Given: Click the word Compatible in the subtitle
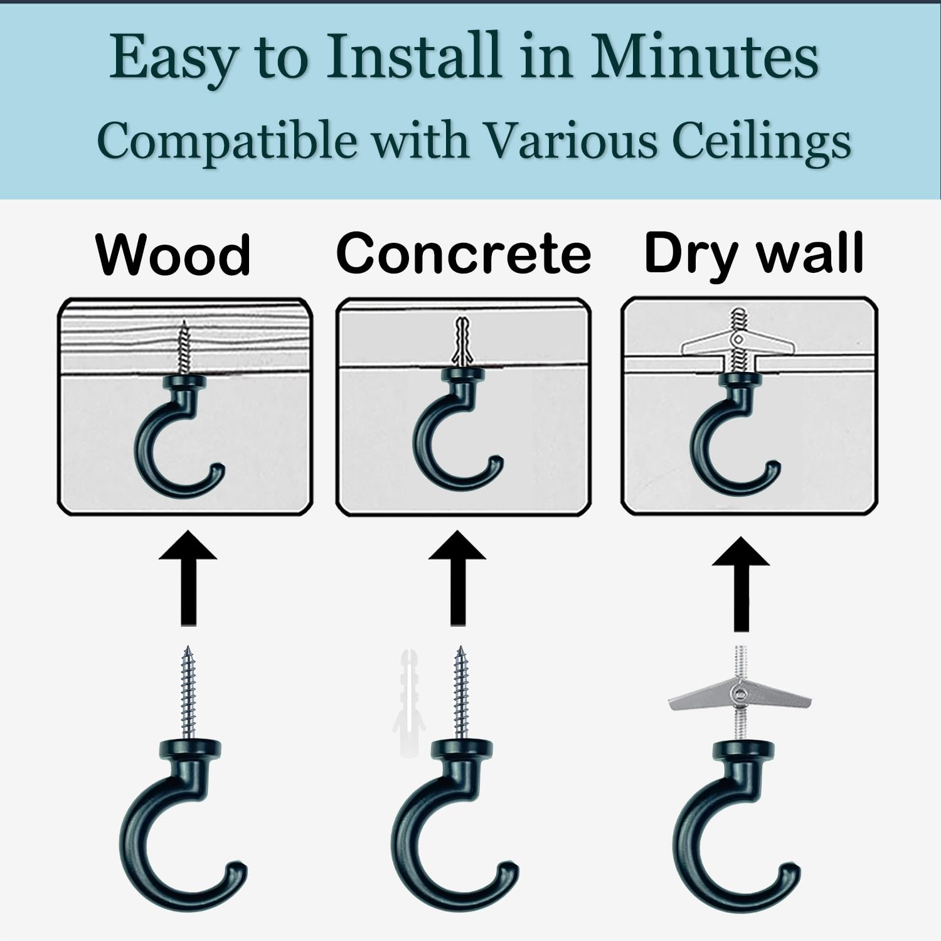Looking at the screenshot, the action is coord(226,141).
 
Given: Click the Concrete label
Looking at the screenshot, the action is coord(464,253).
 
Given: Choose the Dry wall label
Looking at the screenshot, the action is coord(754,255).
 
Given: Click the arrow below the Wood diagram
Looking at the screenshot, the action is coord(188,578).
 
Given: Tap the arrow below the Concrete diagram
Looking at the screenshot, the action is coord(458,578).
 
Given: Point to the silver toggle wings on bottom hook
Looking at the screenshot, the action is coord(740,696).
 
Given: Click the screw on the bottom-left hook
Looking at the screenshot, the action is coord(188,693).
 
